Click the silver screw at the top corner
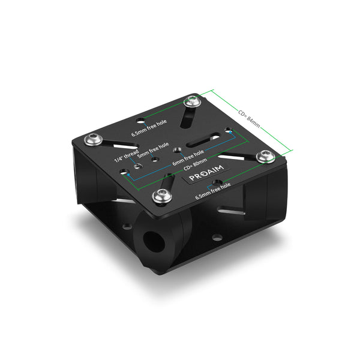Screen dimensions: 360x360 [x=192, y=102]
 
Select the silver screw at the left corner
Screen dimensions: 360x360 [x=94, y=140]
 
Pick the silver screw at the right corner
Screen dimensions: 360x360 [x=264, y=156]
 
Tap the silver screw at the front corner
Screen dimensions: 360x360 [x=161, y=194]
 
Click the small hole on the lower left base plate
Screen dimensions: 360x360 [x=127, y=227]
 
